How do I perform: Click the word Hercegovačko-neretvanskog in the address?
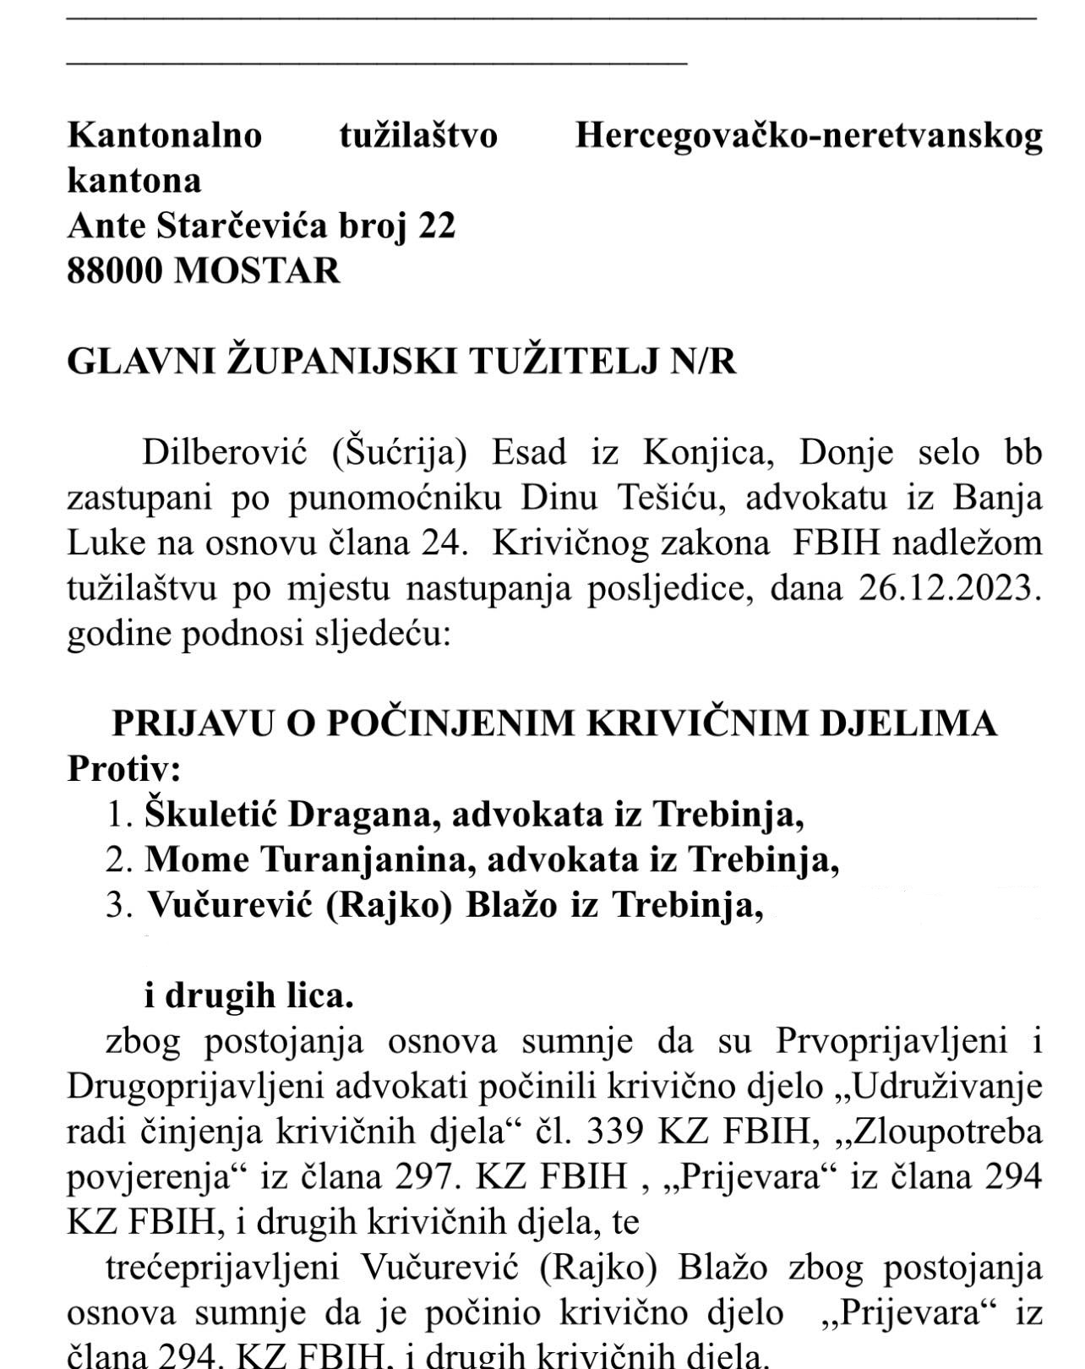click(x=808, y=136)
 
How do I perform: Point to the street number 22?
click(x=437, y=226)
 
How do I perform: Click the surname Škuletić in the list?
click(x=210, y=815)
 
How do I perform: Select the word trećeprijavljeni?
click(x=222, y=1268)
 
